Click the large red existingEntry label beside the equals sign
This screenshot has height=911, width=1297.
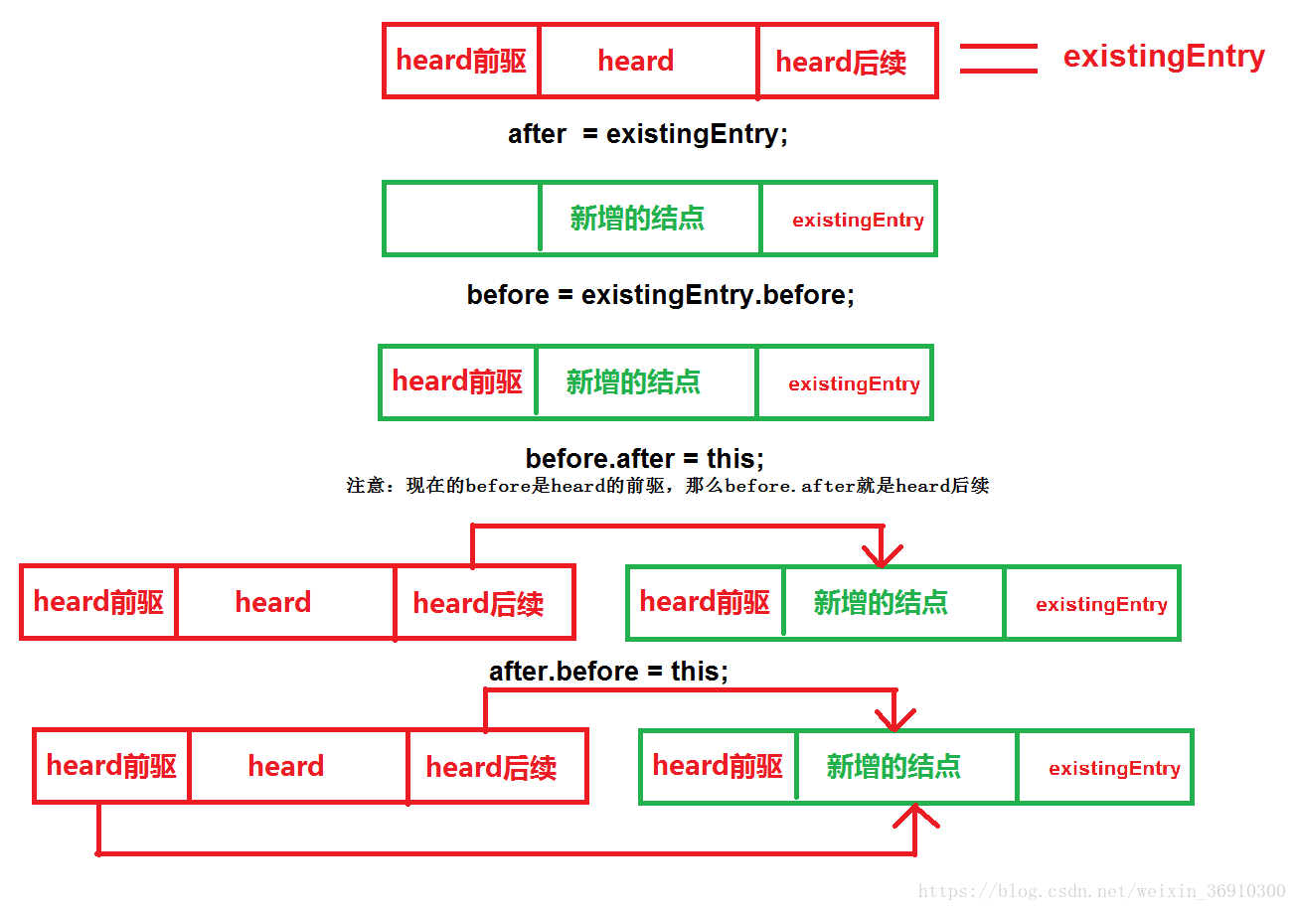click(x=1164, y=57)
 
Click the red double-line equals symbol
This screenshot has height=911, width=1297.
click(x=998, y=59)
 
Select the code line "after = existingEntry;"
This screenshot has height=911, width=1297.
click(x=647, y=134)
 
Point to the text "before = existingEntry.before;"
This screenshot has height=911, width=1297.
click(x=660, y=295)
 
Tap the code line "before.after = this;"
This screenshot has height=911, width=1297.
click(x=645, y=459)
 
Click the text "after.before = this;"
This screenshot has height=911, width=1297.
click(x=608, y=672)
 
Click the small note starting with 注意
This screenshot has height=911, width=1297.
click(x=667, y=486)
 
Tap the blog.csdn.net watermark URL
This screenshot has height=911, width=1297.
click(x=1101, y=891)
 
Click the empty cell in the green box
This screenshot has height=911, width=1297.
click(x=462, y=219)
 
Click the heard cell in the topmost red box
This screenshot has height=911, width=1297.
click(x=636, y=61)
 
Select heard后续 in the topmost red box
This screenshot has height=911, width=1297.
click(x=841, y=62)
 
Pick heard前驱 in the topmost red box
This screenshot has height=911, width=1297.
click(x=461, y=61)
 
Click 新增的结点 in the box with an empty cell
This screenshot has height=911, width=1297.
click(x=637, y=219)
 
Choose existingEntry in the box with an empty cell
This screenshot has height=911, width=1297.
click(x=858, y=221)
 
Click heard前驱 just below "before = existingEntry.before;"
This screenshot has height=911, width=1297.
click(x=457, y=381)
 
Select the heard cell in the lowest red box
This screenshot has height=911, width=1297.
click(x=286, y=766)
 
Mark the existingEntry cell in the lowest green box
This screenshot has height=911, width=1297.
click(x=1114, y=768)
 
